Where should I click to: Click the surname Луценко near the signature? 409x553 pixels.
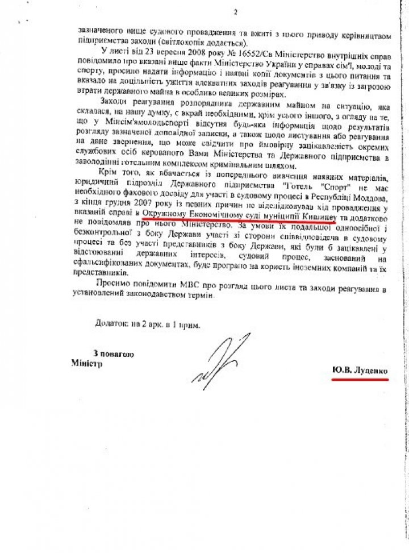371,370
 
